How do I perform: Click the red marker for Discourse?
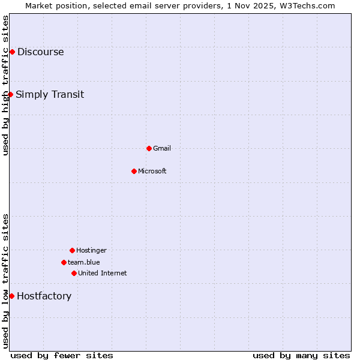(x=12, y=52)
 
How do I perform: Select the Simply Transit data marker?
(x=10, y=94)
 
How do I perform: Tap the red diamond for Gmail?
(x=149, y=148)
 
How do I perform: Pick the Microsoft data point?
(x=134, y=171)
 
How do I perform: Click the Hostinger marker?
(x=72, y=250)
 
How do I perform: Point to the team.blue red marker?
(x=64, y=262)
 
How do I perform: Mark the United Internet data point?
(x=74, y=273)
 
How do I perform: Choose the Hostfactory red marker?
(x=11, y=296)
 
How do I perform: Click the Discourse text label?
(x=40, y=52)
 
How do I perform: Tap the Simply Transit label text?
(x=50, y=94)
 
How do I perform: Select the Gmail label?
(x=162, y=148)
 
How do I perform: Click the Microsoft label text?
(x=152, y=171)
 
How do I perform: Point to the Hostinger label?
(x=91, y=250)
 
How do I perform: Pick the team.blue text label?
(x=84, y=262)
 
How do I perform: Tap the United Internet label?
(x=103, y=273)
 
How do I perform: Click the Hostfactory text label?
(x=44, y=296)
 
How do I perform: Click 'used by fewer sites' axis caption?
(x=62, y=355)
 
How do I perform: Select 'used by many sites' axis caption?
(x=301, y=355)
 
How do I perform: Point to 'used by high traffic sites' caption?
(x=5, y=85)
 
